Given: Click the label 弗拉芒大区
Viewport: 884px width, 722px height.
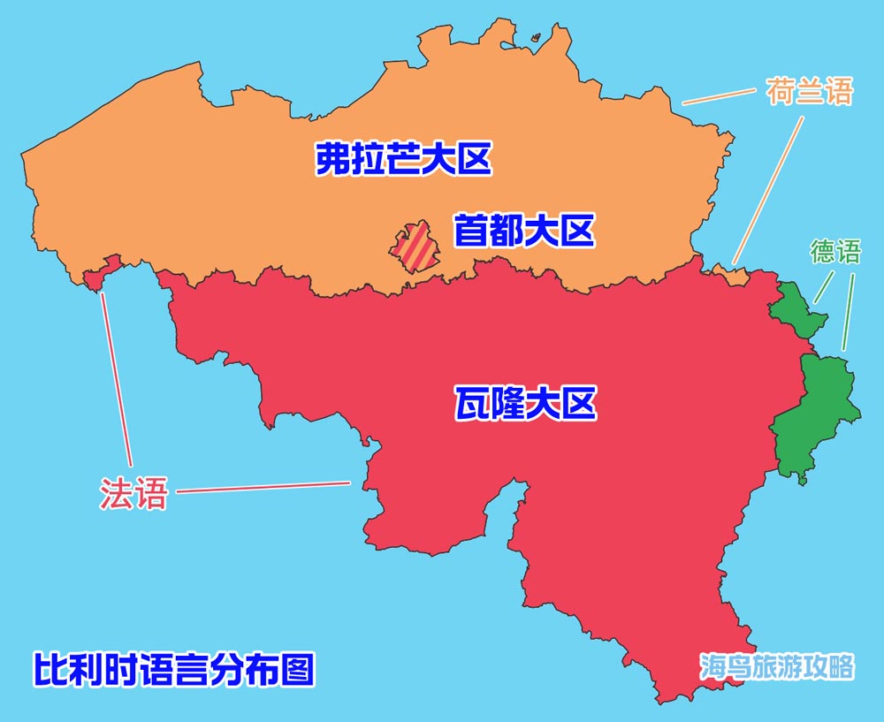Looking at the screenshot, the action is coord(402,160).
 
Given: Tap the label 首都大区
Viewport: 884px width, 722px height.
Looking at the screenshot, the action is coord(523,232).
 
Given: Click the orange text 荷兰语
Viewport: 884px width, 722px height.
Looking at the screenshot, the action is coord(809,92).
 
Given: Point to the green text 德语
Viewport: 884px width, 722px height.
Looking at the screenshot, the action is coord(834,253).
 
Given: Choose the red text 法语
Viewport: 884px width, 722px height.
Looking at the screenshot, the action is coord(133,492).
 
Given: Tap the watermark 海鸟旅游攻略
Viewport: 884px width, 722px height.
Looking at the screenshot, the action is coord(776,666).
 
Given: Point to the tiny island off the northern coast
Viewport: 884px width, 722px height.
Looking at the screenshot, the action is coord(536,37).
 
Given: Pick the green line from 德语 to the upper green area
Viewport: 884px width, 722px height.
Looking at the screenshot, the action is coord(824,286).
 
